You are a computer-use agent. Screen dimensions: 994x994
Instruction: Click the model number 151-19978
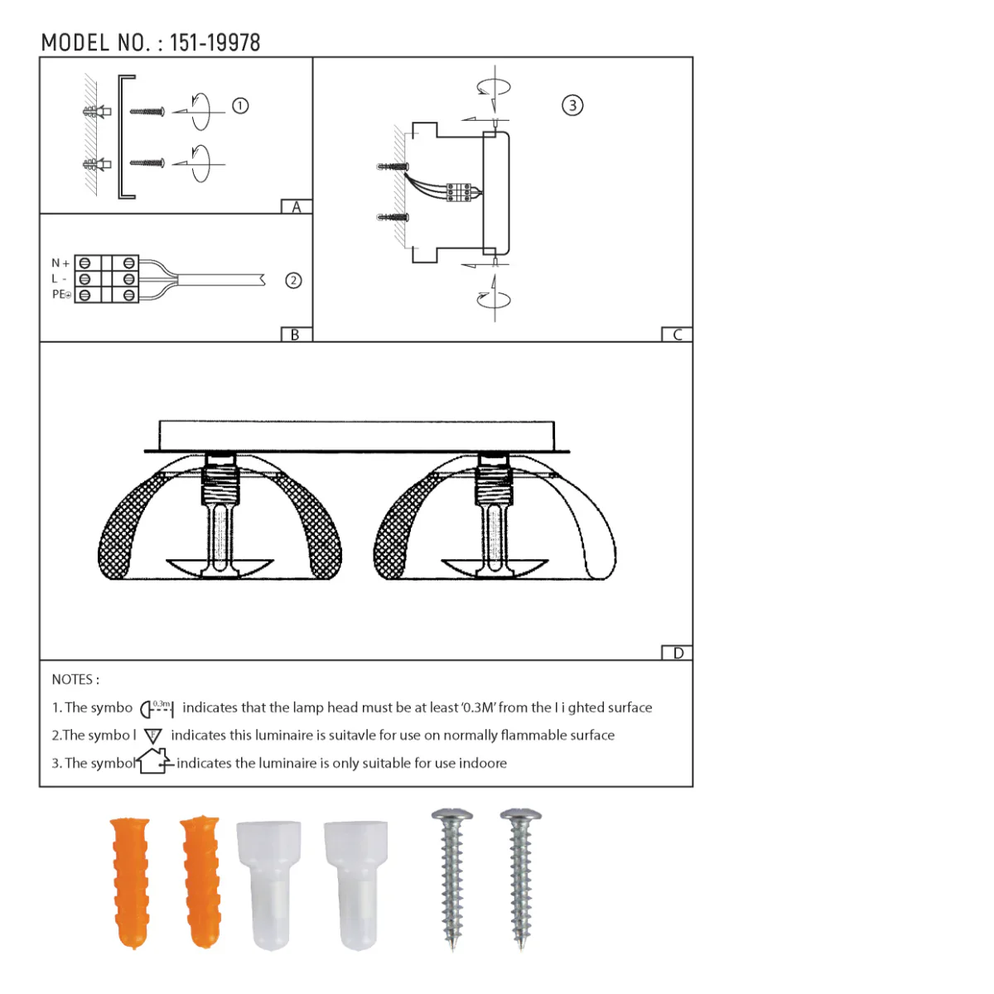click(x=215, y=43)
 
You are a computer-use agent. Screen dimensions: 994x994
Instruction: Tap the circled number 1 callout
click(x=240, y=106)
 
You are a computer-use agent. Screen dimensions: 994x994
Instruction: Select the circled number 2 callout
click(x=293, y=280)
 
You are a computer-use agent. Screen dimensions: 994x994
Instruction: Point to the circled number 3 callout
click(x=572, y=105)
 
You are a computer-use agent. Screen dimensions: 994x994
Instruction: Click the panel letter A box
click(x=297, y=207)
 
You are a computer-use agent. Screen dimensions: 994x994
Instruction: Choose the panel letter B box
click(x=296, y=335)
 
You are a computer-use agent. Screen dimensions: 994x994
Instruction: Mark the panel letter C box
click(x=677, y=335)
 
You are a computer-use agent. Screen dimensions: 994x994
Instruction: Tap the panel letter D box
click(x=678, y=653)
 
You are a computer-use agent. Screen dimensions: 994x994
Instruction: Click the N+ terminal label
click(x=60, y=263)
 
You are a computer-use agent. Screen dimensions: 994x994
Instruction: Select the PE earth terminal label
click(x=61, y=294)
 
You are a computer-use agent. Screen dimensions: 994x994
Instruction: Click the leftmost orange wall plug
click(x=131, y=881)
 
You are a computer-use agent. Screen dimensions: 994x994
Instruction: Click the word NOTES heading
click(x=75, y=679)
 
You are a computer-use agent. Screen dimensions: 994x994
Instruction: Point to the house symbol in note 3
click(x=155, y=760)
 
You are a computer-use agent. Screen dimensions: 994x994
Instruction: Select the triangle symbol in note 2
click(x=153, y=736)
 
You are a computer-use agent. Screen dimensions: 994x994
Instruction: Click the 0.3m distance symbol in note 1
click(x=157, y=708)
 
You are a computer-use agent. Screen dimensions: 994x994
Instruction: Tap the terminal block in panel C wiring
click(x=459, y=192)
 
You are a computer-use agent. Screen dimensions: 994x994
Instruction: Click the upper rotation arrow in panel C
click(x=494, y=87)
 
